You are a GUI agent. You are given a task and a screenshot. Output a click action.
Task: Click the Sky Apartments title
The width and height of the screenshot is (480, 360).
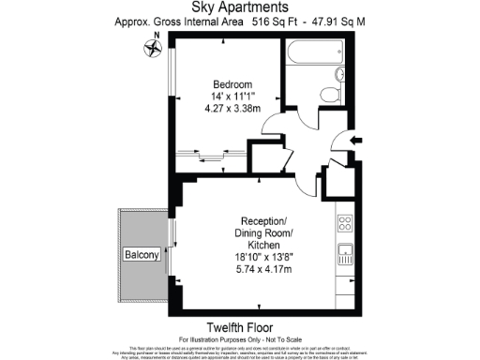click(x=239, y=7)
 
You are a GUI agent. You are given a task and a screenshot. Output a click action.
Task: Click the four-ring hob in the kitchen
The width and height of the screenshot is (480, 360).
click(x=344, y=224)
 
